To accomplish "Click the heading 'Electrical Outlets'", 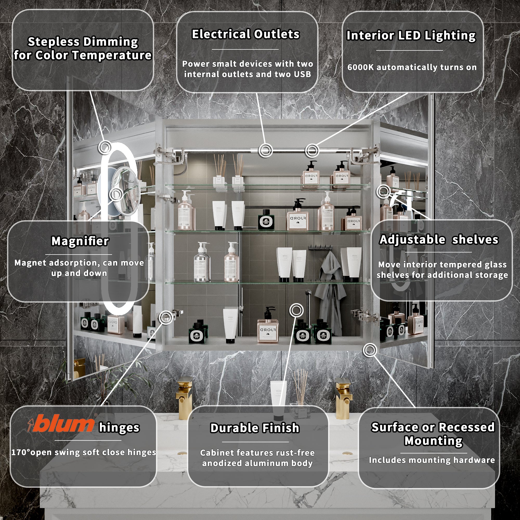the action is pyautogui.click(x=245, y=34).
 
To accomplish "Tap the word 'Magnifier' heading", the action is pyautogui.click(x=80, y=241).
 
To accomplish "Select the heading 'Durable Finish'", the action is pyautogui.click(x=255, y=428).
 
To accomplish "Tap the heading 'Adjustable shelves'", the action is pyautogui.click(x=439, y=239).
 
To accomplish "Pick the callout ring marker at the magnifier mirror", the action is pyautogui.click(x=116, y=194).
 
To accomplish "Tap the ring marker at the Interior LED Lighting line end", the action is pyautogui.click(x=312, y=151).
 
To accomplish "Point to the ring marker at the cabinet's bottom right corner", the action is pyautogui.click(x=370, y=350).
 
